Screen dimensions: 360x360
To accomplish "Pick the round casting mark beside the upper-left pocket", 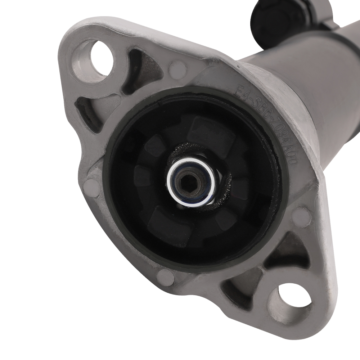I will [178, 68].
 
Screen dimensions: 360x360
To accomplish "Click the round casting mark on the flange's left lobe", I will [92, 188].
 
